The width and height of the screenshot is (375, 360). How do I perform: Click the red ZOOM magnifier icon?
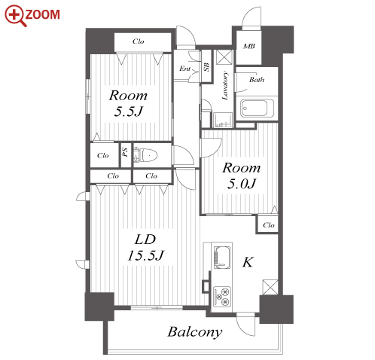pos(15,16)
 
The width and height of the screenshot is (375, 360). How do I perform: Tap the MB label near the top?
pos(249,46)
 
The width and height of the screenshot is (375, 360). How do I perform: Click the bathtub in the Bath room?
pos(257,108)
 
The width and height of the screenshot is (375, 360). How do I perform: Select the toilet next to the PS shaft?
pos(145,155)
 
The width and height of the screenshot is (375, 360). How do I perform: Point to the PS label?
pos(126,152)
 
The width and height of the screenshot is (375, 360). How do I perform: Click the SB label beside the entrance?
pos(206,66)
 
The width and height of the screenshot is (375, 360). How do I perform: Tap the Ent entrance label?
pos(185,69)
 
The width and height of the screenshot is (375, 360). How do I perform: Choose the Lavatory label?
pos(225,86)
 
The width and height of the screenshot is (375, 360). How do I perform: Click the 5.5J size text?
pos(129,111)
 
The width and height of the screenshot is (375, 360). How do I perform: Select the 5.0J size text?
pos(242,184)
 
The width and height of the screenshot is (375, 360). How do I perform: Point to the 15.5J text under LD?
pos(145,255)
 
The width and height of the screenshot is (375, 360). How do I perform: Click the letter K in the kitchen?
pos(248,262)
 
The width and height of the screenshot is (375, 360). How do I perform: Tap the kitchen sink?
pos(222,258)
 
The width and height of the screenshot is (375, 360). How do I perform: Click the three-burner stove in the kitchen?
pos(222,296)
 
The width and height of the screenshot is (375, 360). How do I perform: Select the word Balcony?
pos(195,333)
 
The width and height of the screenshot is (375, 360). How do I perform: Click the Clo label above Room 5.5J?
pos(139,41)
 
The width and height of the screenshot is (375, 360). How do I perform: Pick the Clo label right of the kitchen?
pos(269,225)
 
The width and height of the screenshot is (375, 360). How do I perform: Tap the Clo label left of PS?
pos(103,155)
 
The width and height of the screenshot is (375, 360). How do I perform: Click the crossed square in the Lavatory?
pos(224,57)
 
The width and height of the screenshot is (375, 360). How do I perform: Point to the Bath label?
pos(257,80)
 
